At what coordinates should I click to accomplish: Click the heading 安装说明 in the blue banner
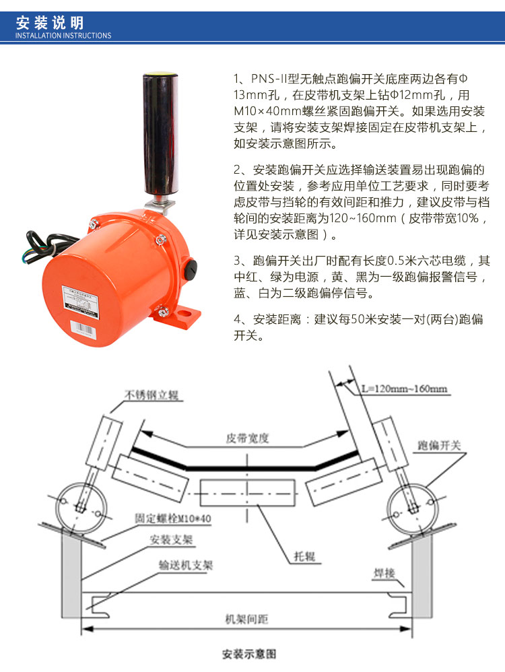point(50,22)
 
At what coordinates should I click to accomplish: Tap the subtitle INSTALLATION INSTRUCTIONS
point(63,36)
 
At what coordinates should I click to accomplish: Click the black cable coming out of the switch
point(48,244)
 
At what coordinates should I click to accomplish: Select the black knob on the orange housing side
point(191,267)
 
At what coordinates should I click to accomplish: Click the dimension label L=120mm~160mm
point(404,389)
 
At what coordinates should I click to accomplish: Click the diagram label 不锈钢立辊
point(151,395)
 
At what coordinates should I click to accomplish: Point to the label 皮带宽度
point(247,438)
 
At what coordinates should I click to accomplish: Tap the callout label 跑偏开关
point(440,446)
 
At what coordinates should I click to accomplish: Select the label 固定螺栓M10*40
point(173,518)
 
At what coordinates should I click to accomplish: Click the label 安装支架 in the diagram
point(171,539)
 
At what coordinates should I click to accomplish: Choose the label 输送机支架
point(186,566)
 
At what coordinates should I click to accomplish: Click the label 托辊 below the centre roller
point(304,556)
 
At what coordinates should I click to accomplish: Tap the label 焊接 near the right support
point(384,574)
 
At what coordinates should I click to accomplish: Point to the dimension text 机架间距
point(246,619)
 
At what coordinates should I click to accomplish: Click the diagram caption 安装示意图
point(249,654)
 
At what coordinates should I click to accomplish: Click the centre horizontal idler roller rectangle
point(247,493)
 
